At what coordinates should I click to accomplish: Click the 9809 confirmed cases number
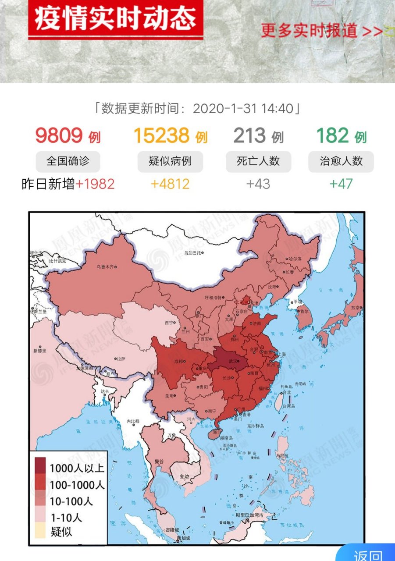59,135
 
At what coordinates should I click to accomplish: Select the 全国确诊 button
68,161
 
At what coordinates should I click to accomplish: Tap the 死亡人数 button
258,161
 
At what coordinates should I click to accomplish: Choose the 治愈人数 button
342,161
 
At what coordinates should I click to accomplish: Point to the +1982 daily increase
95,184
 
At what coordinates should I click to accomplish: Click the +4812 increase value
170,184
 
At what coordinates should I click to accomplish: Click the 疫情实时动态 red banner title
115,19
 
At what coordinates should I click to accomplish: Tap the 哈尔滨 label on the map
294,259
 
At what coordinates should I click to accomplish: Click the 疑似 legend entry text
61,532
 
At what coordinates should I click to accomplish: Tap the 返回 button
367,554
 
